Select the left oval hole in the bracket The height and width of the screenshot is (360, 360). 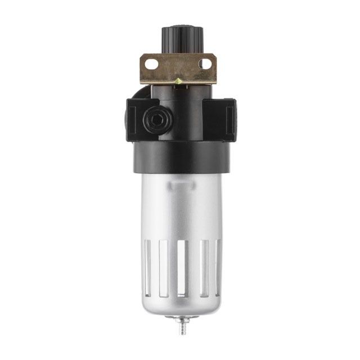point(151,65)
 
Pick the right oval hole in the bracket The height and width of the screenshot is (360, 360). point(205,64)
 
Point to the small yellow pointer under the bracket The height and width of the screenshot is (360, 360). point(178,82)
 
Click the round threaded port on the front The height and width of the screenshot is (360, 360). point(152,118)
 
